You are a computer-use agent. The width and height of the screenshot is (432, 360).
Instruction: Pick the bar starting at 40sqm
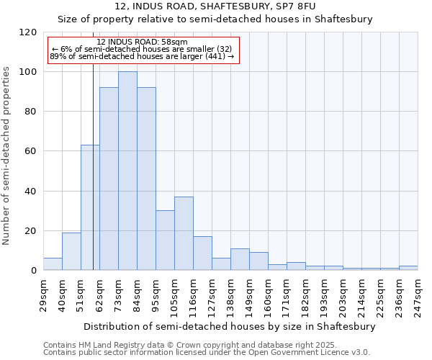(x=71, y=251)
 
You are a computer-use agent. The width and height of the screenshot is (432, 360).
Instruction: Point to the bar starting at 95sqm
(x=165, y=240)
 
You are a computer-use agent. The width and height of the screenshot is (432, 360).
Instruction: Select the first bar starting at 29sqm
(x=53, y=264)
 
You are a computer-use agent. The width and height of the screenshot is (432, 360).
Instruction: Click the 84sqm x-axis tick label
(x=137, y=294)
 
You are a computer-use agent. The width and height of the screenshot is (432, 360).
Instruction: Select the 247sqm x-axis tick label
(x=418, y=296)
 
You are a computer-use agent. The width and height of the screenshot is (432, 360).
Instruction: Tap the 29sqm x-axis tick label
(x=43, y=294)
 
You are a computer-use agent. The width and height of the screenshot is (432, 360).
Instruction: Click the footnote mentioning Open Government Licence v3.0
(x=207, y=353)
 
